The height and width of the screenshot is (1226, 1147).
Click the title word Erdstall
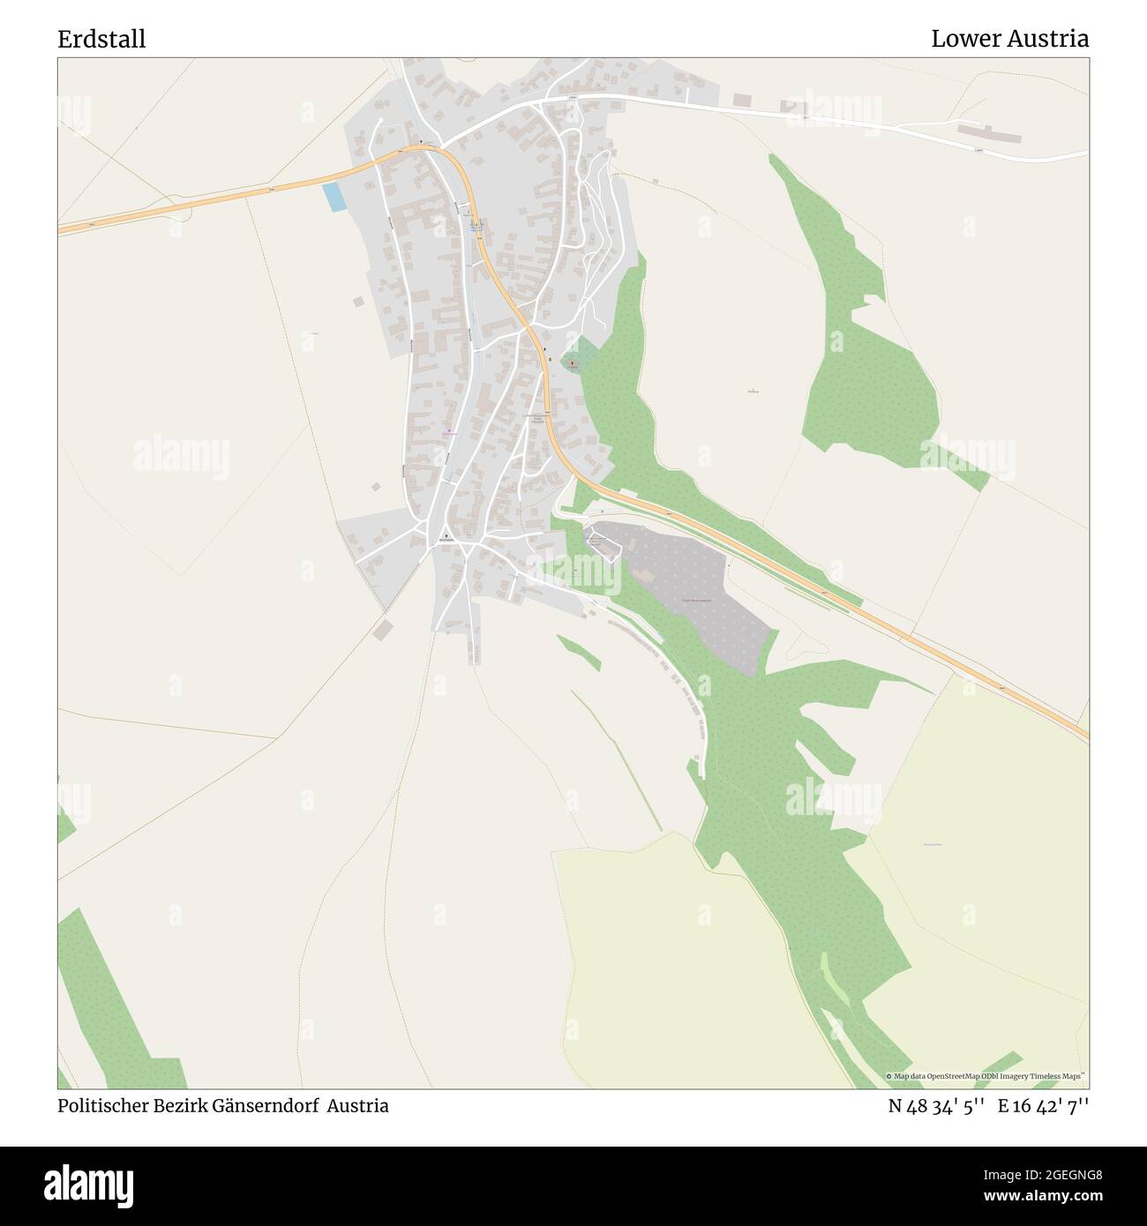click(102, 39)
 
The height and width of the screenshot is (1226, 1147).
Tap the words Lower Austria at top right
click(1009, 39)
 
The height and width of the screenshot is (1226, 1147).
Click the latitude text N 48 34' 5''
click(926, 1106)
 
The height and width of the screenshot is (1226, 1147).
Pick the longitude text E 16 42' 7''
click(1043, 1106)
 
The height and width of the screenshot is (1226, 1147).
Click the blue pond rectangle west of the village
click(334, 197)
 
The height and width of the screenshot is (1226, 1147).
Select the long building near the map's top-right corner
click(990, 133)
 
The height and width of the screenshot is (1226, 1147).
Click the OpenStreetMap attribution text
click(986, 1077)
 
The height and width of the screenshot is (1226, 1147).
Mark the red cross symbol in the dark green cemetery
click(572, 363)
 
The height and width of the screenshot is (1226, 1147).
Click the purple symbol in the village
click(447, 432)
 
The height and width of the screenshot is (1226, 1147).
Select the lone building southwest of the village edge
click(382, 628)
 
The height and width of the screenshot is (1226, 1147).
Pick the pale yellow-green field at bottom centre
click(688, 961)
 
